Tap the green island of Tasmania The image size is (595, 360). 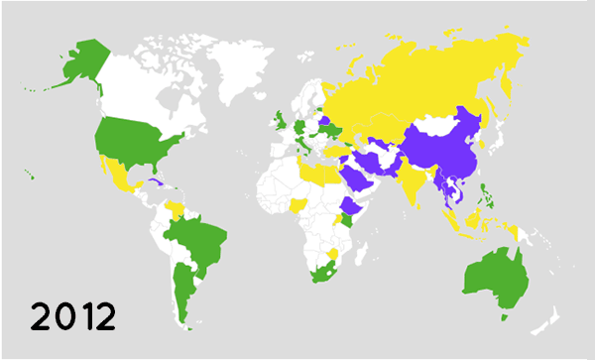pyautogui.click(x=506, y=317)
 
